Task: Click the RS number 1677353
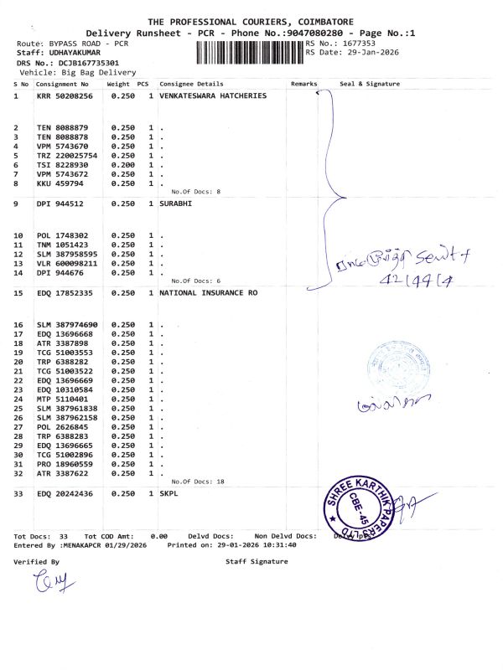tap(357, 43)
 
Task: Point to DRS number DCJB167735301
tap(79, 63)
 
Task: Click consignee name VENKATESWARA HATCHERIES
tap(213, 96)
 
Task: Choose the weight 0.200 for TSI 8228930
tap(122, 165)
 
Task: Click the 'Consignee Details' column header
tap(191, 85)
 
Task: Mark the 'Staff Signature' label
tap(257, 562)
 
